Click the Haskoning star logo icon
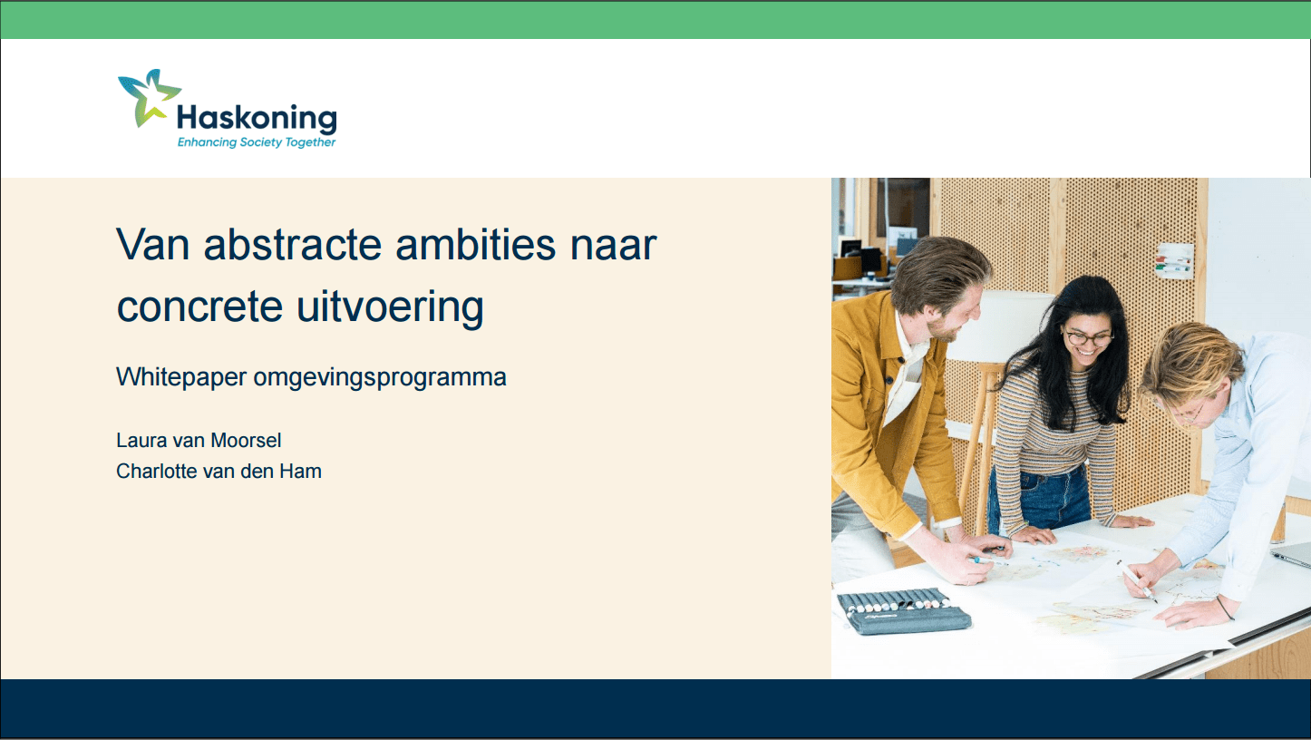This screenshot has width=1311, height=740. (148, 96)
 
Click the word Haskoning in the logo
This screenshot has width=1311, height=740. (257, 118)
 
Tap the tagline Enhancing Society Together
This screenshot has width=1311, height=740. (257, 142)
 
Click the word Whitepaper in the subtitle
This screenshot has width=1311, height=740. (180, 377)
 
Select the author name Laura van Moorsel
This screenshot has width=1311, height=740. (199, 441)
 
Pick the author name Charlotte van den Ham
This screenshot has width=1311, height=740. (218, 472)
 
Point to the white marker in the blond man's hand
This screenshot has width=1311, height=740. (1135, 579)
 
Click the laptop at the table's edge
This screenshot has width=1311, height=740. (1291, 554)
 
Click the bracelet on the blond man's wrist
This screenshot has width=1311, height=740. (1224, 607)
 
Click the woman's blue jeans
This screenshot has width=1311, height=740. (1039, 499)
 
